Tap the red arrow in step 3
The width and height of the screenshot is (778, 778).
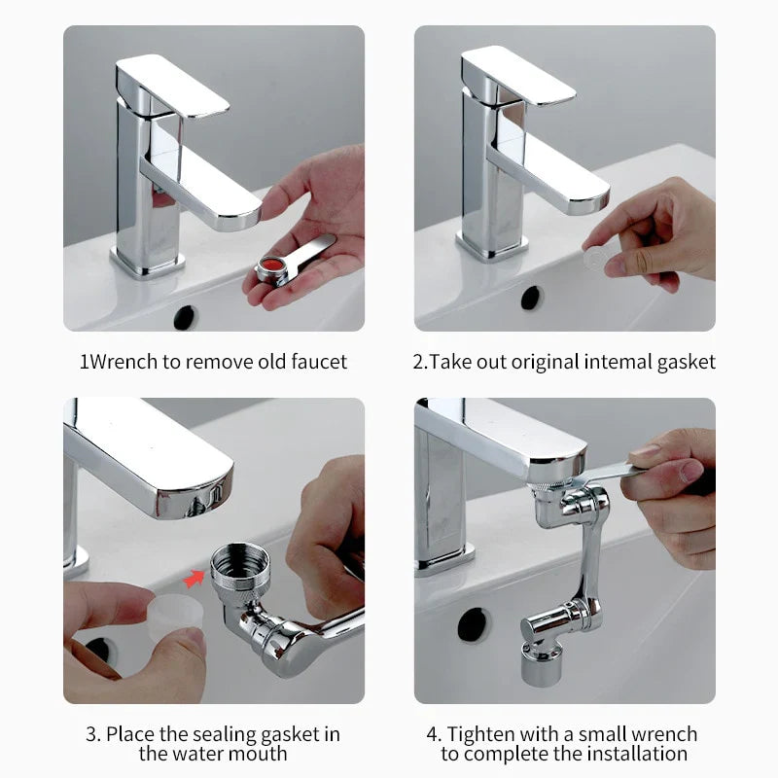(195, 581)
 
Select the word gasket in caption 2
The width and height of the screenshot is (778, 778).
(685, 362)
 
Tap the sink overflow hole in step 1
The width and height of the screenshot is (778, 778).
(185, 317)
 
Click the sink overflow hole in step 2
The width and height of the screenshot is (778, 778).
(531, 298)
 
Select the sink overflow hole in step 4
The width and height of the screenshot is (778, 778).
(473, 623)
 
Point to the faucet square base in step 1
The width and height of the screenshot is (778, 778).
(147, 260)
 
